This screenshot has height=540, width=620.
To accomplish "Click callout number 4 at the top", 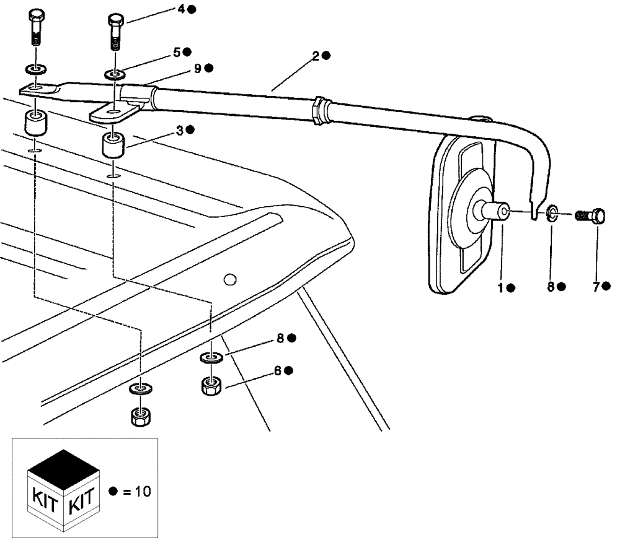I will [181, 9].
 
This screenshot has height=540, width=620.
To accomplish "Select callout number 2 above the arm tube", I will [316, 56].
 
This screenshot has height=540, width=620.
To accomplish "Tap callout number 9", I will [198, 69].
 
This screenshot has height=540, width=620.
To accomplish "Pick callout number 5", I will [177, 53].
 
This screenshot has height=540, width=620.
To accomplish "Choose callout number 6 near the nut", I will [278, 370].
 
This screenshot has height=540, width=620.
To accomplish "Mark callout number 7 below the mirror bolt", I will [596, 286].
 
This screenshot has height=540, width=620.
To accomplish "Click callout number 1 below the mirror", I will [501, 287].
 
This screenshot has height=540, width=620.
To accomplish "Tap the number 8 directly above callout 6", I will [281, 338].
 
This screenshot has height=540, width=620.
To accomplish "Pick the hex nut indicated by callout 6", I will [213, 386].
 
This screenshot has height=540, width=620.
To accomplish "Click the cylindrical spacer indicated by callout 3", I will [113, 147].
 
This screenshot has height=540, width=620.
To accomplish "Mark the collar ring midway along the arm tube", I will [320, 110].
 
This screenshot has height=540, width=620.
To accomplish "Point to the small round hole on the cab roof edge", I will [230, 281].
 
